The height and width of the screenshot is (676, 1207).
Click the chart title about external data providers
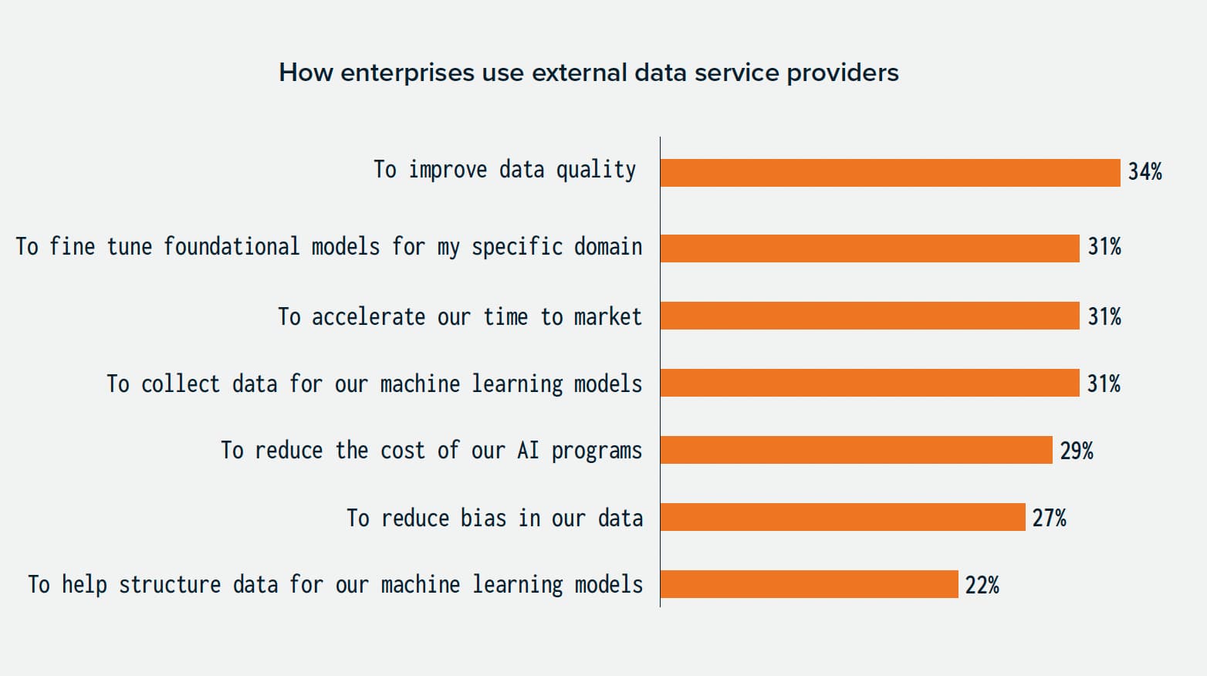click(x=588, y=73)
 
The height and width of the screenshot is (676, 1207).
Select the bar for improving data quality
click(x=890, y=173)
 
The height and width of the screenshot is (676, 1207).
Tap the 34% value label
click(x=1144, y=172)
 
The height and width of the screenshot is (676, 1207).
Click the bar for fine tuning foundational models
click(x=870, y=248)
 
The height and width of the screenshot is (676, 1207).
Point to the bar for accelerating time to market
click(x=870, y=316)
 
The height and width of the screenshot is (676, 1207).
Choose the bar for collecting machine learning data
click(x=870, y=383)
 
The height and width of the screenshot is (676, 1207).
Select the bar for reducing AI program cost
click(x=856, y=450)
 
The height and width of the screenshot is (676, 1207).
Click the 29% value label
click(x=1076, y=451)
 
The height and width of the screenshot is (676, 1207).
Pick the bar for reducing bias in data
click(x=843, y=517)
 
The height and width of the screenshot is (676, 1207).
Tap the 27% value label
click(x=1049, y=518)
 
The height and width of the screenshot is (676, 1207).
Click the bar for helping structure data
click(x=809, y=584)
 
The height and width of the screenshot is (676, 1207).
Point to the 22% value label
click(x=982, y=585)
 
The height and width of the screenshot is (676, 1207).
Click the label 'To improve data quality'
click(x=505, y=170)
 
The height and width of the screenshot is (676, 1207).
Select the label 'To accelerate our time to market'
click(x=459, y=316)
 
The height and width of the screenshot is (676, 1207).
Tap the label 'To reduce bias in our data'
click(x=494, y=518)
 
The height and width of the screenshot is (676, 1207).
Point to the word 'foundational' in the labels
click(x=231, y=247)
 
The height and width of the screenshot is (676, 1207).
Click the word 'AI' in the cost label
click(x=528, y=450)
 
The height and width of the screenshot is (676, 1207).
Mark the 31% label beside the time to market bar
click(x=1104, y=316)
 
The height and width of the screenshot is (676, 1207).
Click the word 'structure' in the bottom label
click(x=170, y=585)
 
